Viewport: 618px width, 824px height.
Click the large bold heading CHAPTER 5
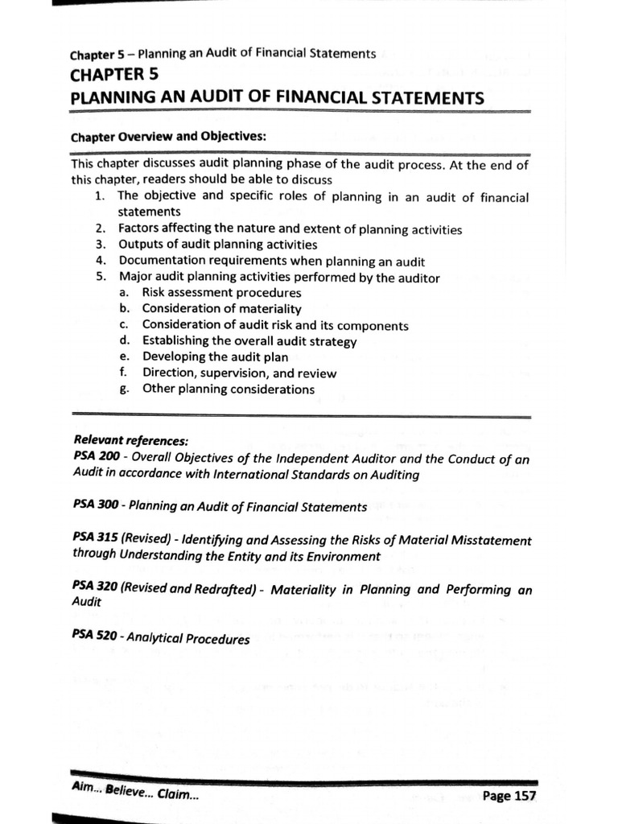pos(117,76)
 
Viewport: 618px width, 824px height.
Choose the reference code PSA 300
pos(95,507)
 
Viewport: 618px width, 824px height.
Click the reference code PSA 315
pos(95,540)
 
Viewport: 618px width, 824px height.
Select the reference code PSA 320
pos(95,589)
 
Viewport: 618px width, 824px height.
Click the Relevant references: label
pos(131,441)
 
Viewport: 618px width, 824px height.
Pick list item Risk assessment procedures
pos(221,293)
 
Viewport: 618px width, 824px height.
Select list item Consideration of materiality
pos(221,309)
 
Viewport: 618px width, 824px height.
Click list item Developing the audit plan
pos(215,357)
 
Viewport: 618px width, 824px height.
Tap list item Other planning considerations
pos(229,389)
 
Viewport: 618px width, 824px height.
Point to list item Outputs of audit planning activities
pos(217,245)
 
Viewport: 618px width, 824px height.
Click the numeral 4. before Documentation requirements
pos(100,261)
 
